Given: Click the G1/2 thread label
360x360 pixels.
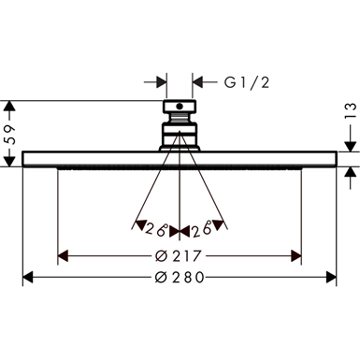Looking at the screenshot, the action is click(247, 82).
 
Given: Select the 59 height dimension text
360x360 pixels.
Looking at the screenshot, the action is click(11, 135).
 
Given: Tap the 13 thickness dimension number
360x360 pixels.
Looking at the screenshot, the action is click(351, 111).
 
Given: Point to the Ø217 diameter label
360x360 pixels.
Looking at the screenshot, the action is click(178, 256).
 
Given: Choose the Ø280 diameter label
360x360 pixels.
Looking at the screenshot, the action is click(180, 277).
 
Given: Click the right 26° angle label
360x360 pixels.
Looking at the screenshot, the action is click(201, 228).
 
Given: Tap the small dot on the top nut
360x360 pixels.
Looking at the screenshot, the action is click(180, 107).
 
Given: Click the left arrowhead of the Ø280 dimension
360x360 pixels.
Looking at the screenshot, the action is click(28, 277).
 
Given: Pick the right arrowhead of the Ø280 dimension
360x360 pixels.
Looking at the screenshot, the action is click(331, 277).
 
